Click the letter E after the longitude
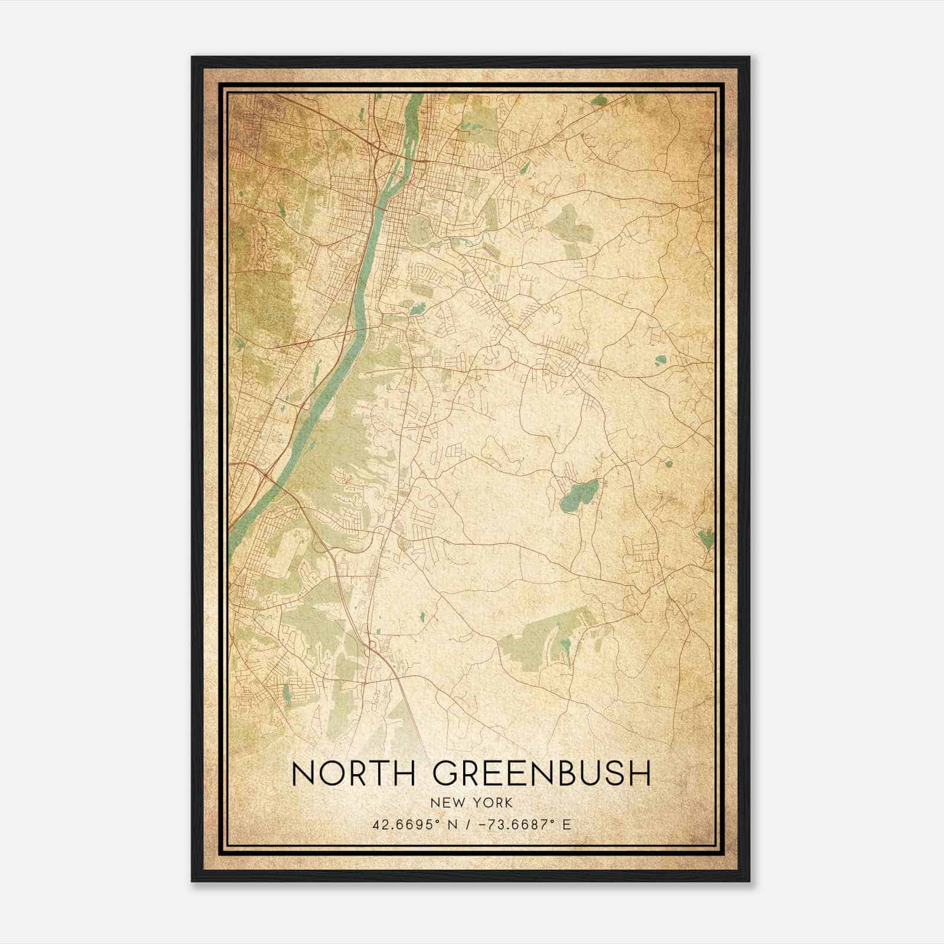coord(567,824)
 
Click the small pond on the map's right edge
coord(706,537)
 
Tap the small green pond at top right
coord(600,101)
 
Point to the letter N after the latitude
coord(453,824)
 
